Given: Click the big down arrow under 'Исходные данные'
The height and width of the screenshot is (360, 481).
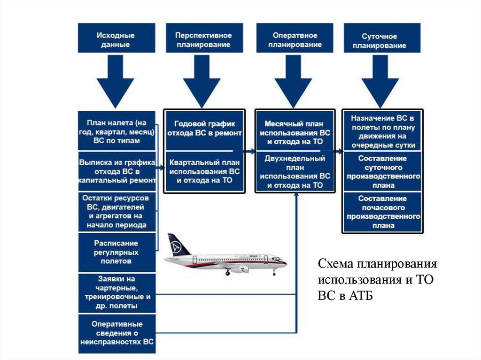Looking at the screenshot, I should coord(116,80).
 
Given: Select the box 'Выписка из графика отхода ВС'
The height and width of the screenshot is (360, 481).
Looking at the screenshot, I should coord(117,170).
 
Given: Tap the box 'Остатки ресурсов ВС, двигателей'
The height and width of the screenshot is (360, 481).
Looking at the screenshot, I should coord(117,211).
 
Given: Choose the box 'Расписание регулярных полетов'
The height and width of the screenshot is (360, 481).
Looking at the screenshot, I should coord(117,252).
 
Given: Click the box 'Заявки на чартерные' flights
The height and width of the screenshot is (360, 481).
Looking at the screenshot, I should coord(117,292).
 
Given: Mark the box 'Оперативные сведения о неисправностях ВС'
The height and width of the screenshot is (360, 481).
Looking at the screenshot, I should coord(117,333).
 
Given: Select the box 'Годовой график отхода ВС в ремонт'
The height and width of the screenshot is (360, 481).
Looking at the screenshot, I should coord(204,129).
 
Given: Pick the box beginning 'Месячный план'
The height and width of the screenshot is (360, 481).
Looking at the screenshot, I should coord(295,132).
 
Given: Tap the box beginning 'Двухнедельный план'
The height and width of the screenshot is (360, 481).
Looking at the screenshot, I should coord(295,172).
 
